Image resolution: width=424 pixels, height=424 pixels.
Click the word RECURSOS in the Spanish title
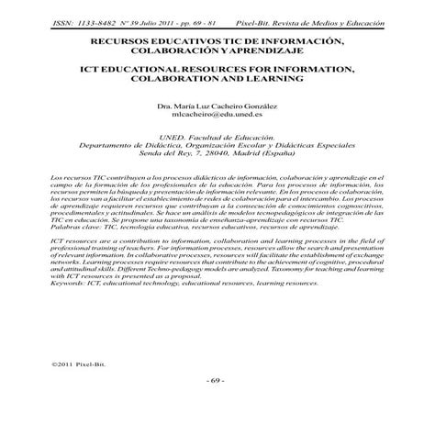pos(126,42)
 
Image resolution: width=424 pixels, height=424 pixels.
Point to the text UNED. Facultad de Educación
pos(211,137)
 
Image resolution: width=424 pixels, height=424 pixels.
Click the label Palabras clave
pos(73,224)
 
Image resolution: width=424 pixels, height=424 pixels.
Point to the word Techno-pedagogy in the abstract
pos(210,268)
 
